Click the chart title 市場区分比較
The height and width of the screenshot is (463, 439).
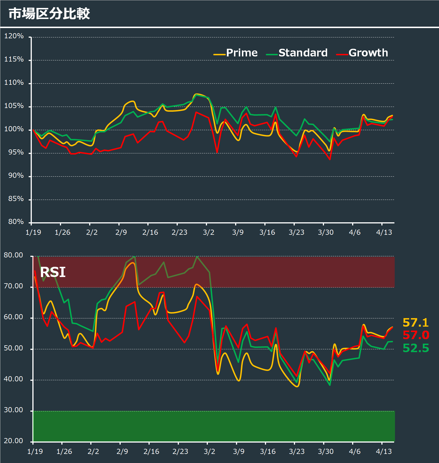pyautogui.click(x=49, y=14)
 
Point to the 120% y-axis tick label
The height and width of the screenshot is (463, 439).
pyautogui.click(x=14, y=36)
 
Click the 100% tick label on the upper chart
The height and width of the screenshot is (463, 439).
pyautogui.click(x=14, y=129)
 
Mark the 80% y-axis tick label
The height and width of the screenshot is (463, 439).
pyautogui.click(x=16, y=222)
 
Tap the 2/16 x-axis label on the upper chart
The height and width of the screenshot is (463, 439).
pyautogui.click(x=150, y=232)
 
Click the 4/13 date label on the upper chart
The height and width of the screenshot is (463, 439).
pyautogui.click(x=384, y=232)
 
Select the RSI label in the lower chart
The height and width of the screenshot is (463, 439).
pyautogui.click(x=53, y=272)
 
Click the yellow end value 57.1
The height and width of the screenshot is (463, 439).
pyautogui.click(x=416, y=323)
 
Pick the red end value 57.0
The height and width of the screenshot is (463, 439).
pyautogui.click(x=416, y=335)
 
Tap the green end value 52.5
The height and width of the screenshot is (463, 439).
pyautogui.click(x=416, y=348)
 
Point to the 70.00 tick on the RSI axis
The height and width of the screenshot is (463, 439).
pyautogui.click(x=13, y=286)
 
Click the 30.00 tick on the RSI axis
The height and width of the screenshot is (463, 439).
pyautogui.click(x=13, y=410)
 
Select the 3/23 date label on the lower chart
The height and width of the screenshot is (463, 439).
pyautogui.click(x=297, y=451)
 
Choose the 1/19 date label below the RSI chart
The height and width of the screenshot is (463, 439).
pyautogui.click(x=35, y=451)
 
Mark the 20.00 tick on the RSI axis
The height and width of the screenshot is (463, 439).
pyautogui.click(x=13, y=441)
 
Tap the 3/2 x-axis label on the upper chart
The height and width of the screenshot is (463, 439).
pyautogui.click(x=209, y=232)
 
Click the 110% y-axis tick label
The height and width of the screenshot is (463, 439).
pyautogui.click(x=14, y=83)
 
